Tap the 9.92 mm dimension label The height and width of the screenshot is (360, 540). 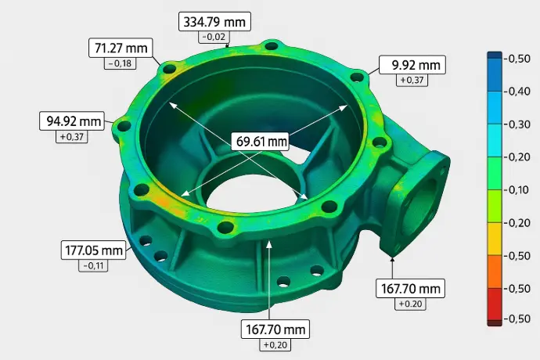[x=412, y=64]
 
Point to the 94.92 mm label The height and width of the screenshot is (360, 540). [x=71, y=121]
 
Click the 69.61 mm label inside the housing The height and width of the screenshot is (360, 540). [x=261, y=142]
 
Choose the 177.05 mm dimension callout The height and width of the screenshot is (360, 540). [x=93, y=250]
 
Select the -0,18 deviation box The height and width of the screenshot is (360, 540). [x=120, y=63]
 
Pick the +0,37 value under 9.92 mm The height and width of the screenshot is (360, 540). [x=412, y=80]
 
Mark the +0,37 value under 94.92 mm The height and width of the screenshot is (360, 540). [x=71, y=137]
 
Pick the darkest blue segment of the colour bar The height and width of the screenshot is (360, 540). [x=495, y=59]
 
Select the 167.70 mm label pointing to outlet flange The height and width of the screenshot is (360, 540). [x=409, y=288]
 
